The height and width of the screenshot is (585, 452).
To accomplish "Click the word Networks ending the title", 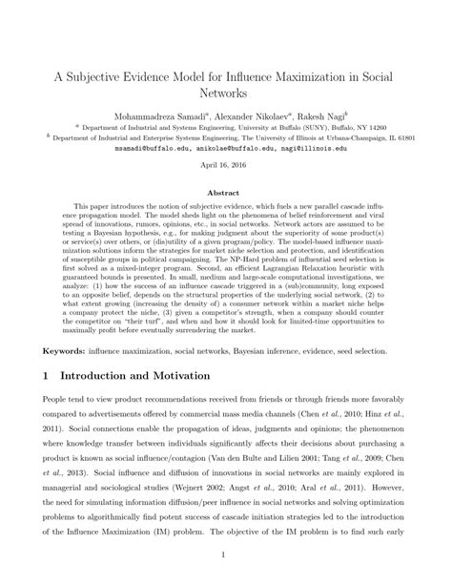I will pos(225,94).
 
